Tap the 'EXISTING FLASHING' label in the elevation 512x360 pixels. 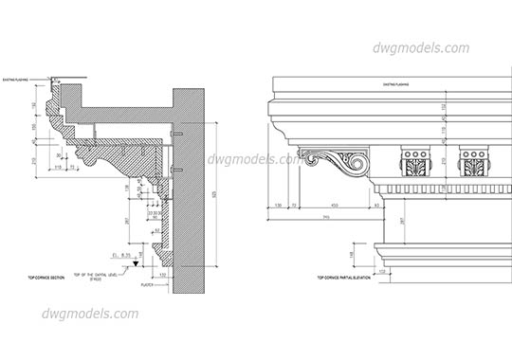[x=394, y=85]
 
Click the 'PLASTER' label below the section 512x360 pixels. [x=146, y=283]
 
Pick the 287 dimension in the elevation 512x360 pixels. [x=399, y=221]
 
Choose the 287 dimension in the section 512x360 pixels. [x=128, y=220]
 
